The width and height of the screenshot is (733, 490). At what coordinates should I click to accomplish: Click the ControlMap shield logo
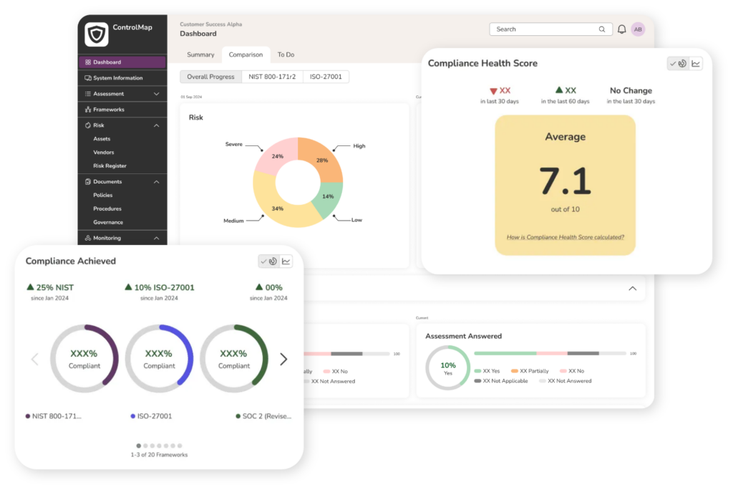point(96,34)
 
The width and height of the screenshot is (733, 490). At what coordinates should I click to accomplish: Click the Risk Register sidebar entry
point(110,166)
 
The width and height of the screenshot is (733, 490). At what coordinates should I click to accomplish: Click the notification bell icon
point(621,29)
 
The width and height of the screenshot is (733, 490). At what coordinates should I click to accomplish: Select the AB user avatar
point(638,29)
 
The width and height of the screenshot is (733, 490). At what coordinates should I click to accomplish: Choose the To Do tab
point(286,54)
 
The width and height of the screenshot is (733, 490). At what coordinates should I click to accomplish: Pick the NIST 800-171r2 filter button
point(272,77)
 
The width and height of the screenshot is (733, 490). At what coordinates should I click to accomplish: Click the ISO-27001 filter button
point(326,77)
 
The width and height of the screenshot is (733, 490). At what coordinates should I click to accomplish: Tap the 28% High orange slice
point(323,160)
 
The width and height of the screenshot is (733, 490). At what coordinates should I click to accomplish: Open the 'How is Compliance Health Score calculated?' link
point(565,237)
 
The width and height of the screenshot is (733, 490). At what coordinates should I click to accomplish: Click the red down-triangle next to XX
point(493,91)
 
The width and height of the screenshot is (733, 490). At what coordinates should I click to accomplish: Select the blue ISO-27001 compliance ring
point(159,358)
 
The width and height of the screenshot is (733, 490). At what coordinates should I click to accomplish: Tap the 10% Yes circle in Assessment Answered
point(447,368)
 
